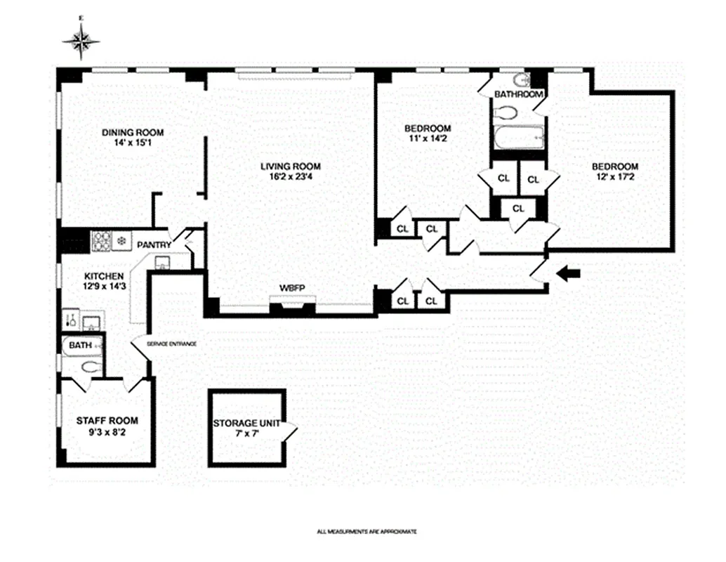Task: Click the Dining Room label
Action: [x=133, y=132]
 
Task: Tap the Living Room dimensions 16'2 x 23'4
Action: [x=290, y=178]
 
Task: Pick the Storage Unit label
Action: [x=246, y=424]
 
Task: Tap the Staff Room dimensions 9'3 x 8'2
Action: [x=107, y=432]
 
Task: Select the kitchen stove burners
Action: [x=103, y=241]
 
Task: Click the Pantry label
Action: [x=154, y=244]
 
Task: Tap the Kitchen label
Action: [x=104, y=276]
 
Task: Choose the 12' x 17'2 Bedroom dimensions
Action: [x=614, y=177]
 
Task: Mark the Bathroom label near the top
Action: [x=518, y=94]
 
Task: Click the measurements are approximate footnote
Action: [x=367, y=532]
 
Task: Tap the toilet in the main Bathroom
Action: [x=503, y=112]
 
